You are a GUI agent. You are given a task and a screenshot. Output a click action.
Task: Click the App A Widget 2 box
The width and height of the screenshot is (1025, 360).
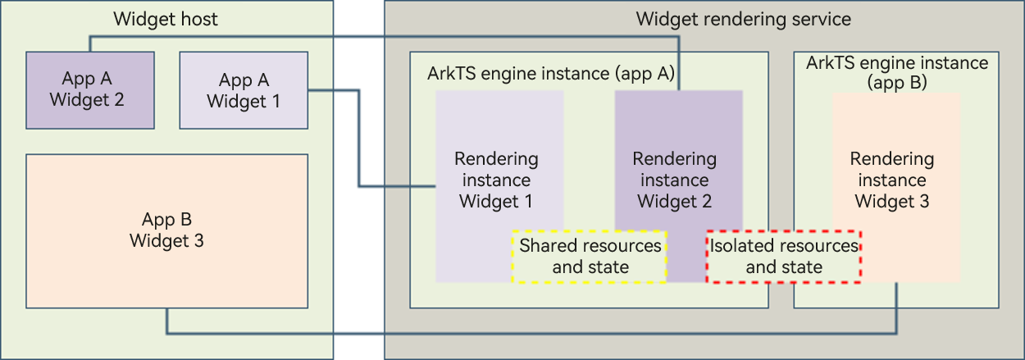point(90,90)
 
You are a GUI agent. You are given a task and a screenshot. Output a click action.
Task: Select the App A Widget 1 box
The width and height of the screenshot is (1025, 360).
point(244,90)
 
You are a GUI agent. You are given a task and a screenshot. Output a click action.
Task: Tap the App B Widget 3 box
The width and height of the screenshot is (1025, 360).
point(166,230)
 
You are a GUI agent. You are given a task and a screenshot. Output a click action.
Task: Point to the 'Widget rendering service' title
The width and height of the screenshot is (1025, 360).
point(743,19)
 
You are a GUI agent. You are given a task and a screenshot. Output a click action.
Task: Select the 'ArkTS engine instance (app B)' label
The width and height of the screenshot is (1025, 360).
point(897,72)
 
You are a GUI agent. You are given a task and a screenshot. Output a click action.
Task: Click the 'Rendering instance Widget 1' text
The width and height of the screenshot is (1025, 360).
point(496,180)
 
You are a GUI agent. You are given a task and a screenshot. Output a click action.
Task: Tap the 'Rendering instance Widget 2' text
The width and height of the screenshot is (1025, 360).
point(675,180)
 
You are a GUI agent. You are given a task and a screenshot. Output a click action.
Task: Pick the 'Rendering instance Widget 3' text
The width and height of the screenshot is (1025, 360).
point(891,180)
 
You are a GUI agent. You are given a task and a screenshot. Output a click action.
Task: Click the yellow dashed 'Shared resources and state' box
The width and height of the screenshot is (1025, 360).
point(590,257)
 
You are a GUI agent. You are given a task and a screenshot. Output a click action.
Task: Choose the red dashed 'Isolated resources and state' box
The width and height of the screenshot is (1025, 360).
point(784,257)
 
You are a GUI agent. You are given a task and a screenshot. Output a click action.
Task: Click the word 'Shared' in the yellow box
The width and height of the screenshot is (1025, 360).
point(548,246)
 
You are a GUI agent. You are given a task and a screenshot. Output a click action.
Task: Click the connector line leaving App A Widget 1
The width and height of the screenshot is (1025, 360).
point(358,139)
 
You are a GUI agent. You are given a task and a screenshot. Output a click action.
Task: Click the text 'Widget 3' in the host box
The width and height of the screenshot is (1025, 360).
point(166,241)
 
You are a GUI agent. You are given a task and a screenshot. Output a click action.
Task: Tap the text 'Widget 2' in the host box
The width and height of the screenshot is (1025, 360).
point(90,100)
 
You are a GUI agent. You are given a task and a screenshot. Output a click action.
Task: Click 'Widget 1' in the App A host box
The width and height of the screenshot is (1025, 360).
point(244,101)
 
